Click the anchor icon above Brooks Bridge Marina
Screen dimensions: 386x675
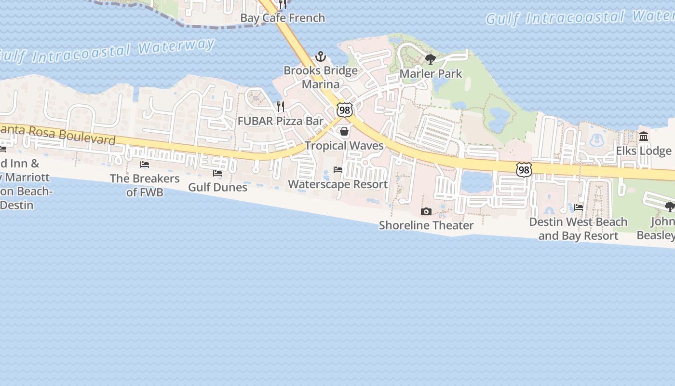(321, 57)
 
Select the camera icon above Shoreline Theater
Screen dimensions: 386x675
(426, 211)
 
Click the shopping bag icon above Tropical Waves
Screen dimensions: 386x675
(344, 131)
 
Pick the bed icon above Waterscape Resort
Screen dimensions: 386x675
(338, 170)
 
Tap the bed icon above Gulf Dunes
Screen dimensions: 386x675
(217, 173)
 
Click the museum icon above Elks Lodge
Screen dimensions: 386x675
(644, 137)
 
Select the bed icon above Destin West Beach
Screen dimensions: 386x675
(579, 207)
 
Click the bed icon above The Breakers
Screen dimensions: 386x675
(145, 165)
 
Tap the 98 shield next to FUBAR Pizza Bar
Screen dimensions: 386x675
(345, 110)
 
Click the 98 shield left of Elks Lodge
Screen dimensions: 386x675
(524, 169)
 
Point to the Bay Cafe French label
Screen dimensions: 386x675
(283, 18)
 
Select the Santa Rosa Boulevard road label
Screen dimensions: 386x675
(58, 135)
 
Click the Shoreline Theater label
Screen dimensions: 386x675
(426, 225)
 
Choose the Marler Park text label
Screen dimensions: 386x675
(431, 74)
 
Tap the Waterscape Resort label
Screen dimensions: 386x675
(337, 184)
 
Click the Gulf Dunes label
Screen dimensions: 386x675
(217, 187)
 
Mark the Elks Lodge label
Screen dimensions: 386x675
(643, 151)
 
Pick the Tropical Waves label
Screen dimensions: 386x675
(344, 146)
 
